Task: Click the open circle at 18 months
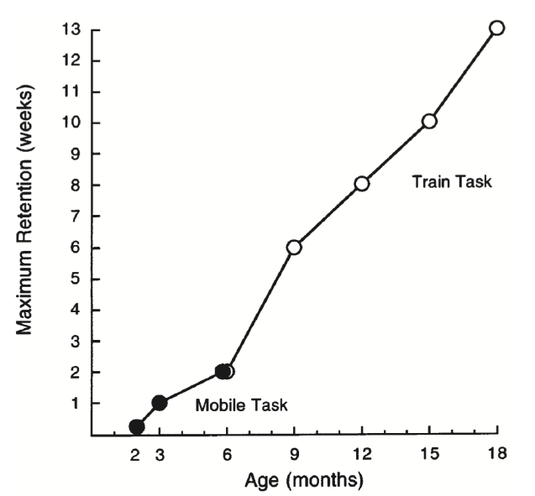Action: coord(496,28)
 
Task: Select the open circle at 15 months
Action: coord(429,121)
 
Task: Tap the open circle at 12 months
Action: coord(362,183)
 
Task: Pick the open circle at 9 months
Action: coord(294,247)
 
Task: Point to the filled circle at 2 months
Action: coord(137,426)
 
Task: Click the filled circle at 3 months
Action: coord(160,403)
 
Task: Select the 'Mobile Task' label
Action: coord(242,406)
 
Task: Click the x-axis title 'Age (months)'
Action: coord(304,482)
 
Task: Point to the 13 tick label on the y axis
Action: coord(71,29)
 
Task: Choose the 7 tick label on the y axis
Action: coord(75,216)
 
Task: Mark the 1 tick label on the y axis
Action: coord(75,403)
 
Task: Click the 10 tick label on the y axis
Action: coord(71,123)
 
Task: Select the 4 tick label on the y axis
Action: coord(75,310)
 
